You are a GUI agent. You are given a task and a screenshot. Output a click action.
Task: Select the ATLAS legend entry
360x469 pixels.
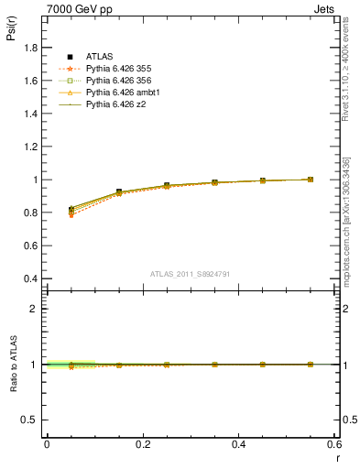[100, 58]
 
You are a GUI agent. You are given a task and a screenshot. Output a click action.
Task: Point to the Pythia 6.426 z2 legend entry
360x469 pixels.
[116, 105]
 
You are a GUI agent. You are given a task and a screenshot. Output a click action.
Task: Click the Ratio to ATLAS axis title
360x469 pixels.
[12, 364]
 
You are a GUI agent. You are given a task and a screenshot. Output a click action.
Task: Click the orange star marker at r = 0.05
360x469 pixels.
[71, 215]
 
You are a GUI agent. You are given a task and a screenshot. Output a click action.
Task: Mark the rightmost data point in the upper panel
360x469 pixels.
[311, 180]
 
